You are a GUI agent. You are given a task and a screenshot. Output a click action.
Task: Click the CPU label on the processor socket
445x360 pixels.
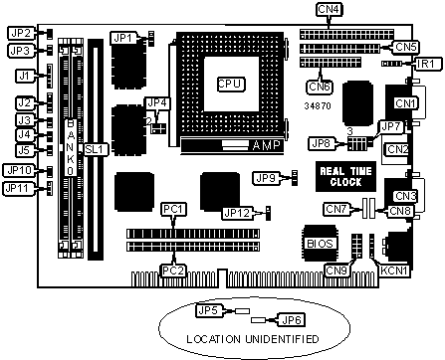click(x=231, y=85)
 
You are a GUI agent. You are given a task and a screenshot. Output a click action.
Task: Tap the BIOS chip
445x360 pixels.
click(x=320, y=244)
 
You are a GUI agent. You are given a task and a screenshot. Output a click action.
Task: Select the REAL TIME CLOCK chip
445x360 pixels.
click(x=345, y=176)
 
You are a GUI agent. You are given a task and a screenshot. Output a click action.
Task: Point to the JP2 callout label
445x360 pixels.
click(x=20, y=33)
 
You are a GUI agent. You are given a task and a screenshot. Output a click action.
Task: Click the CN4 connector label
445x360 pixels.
click(x=329, y=9)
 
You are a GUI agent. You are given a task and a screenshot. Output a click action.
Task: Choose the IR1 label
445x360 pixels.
click(x=426, y=64)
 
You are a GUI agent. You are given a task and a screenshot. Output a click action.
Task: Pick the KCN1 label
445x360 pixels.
click(x=393, y=270)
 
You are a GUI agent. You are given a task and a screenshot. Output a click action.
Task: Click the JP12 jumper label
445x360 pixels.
click(x=237, y=213)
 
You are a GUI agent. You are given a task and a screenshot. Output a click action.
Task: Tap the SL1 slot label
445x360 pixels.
click(x=95, y=149)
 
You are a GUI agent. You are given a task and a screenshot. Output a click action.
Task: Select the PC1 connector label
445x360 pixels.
click(x=173, y=210)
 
